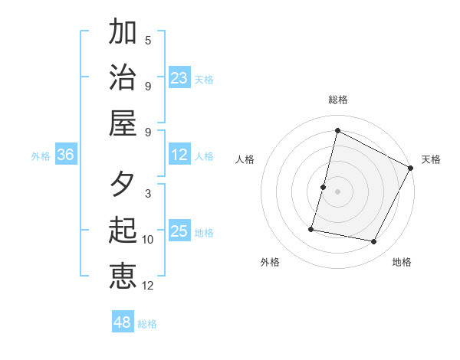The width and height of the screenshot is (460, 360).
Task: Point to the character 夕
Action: point(123,185)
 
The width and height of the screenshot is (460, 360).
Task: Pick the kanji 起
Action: point(123,231)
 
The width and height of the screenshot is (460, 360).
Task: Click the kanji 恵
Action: point(123,276)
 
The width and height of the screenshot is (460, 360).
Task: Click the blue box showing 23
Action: point(179,77)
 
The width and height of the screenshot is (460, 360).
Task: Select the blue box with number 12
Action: point(179,155)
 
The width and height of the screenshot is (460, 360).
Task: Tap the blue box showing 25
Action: point(179,231)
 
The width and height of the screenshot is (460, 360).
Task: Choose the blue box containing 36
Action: point(66,155)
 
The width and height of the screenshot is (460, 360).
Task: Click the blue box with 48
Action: point(123,322)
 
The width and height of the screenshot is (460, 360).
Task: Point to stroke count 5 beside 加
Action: point(148,40)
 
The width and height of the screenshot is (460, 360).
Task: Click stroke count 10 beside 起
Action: point(148,240)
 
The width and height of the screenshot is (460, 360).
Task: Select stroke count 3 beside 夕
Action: point(148,194)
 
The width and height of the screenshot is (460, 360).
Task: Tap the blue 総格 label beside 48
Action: point(147,324)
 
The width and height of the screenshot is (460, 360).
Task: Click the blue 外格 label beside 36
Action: point(41,156)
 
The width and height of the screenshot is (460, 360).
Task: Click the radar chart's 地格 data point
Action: point(374,242)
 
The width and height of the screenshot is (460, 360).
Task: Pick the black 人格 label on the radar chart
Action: point(245,159)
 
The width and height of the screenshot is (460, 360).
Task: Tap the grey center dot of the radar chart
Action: point(337,191)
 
